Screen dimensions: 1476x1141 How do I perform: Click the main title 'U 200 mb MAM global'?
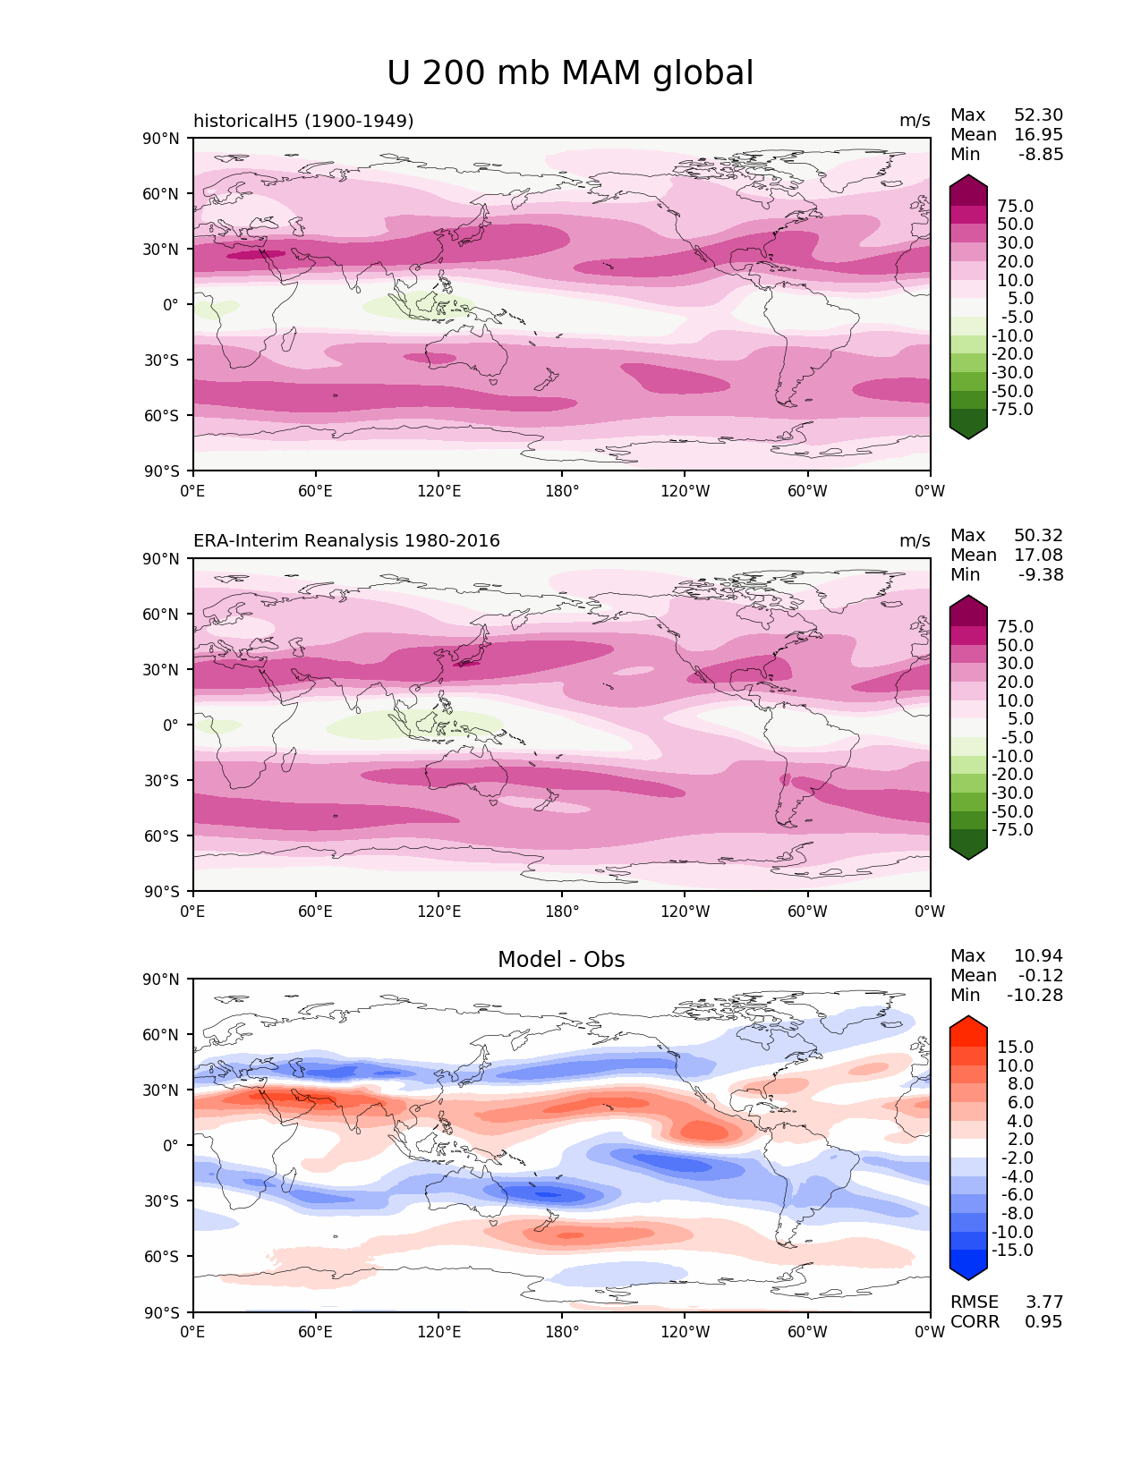570,73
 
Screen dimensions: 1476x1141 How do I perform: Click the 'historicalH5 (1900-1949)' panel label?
303,121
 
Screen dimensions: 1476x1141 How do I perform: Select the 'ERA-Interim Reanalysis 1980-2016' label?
346,541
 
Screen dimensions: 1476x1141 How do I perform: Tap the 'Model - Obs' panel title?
561,960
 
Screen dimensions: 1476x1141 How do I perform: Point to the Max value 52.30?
1038,115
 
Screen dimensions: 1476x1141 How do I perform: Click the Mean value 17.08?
1038,556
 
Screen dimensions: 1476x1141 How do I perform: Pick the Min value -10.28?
1035,996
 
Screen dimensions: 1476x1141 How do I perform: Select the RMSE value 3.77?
1043,1302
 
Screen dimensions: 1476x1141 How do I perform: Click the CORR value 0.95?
1043,1322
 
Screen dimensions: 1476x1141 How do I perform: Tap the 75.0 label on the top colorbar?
1015,207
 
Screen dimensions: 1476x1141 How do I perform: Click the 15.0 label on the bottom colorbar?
1015,1048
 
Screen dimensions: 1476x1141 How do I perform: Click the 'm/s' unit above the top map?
915,121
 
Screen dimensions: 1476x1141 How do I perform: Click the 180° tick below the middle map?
562,912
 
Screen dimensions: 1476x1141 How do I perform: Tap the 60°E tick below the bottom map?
316,1333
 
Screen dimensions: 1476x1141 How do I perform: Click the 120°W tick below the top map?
685,491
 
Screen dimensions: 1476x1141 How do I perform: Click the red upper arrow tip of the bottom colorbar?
968,1022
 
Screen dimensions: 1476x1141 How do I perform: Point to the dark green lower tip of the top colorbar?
968,433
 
